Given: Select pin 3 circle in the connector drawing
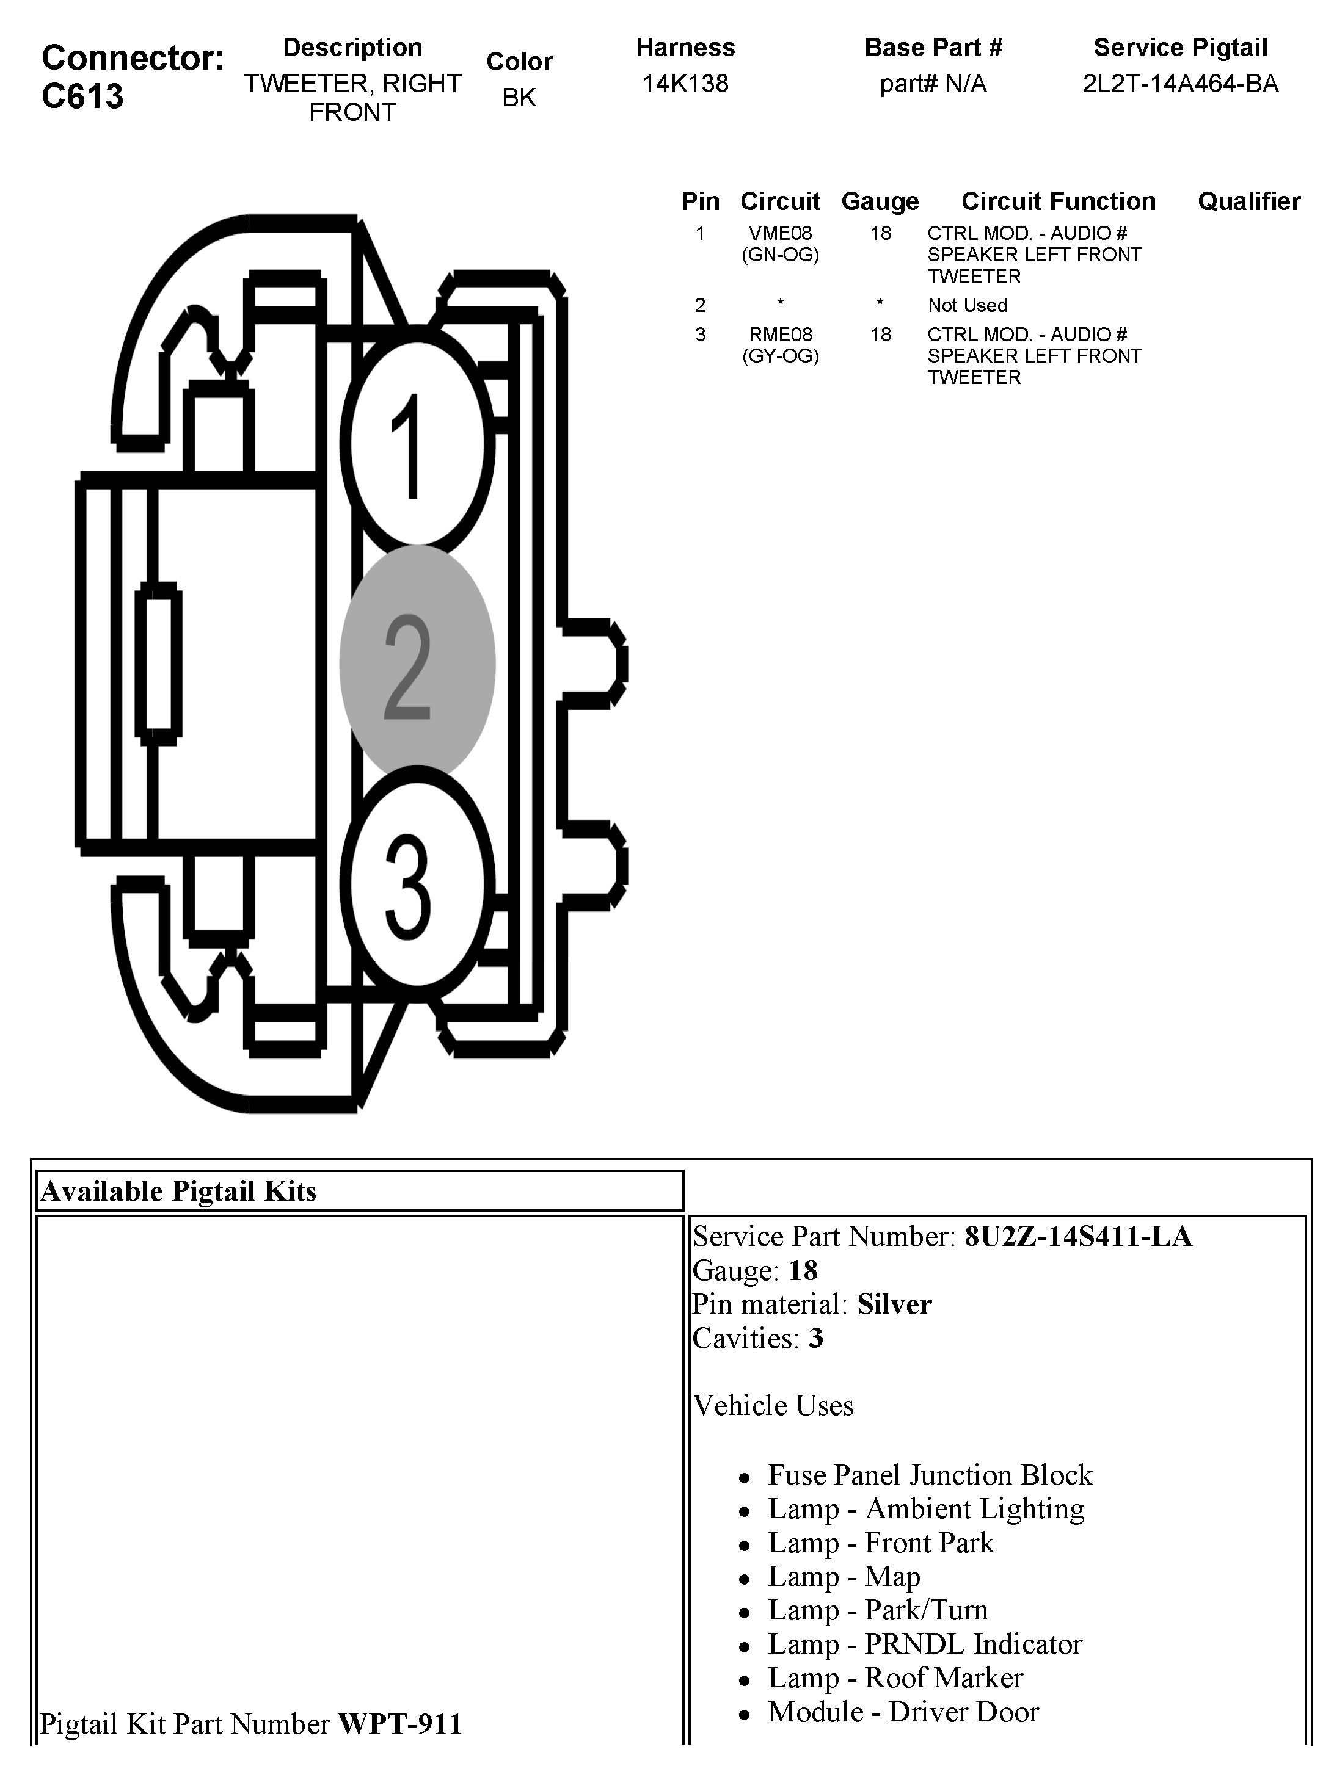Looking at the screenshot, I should coord(416,885).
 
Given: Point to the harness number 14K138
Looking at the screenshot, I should coord(685,84).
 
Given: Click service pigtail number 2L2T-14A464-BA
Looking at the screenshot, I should coord(1180,84).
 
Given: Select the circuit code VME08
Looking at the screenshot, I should coord(780,233).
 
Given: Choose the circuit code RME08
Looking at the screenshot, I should coord(780,335).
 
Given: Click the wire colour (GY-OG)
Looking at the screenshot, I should coord(780,356).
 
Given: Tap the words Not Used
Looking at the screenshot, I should coord(967,306).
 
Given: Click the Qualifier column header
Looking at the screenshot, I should coord(1248,201).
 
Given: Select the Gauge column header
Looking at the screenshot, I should coord(880,201).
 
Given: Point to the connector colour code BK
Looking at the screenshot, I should coord(519,98).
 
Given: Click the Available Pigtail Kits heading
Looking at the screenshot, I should coord(179,1192).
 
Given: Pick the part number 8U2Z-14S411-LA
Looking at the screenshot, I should coord(1078,1237).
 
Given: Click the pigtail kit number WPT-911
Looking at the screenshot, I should coord(400,1724).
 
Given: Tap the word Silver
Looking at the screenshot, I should coord(894,1304).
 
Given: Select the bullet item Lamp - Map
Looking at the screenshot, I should coord(844,1576).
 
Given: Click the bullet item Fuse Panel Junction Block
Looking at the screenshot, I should coord(930,1475).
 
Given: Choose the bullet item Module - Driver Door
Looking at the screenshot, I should coord(903,1712).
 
